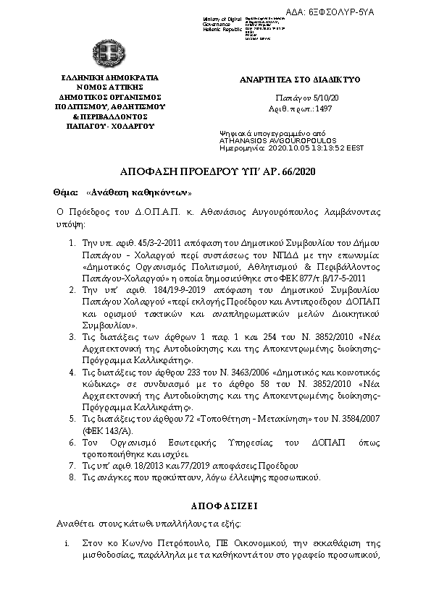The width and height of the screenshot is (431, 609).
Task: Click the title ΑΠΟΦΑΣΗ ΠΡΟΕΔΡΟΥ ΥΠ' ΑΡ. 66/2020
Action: tap(216, 171)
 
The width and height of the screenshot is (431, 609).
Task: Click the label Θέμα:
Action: tap(65, 193)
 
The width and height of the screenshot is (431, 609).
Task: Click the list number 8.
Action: tap(72, 477)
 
